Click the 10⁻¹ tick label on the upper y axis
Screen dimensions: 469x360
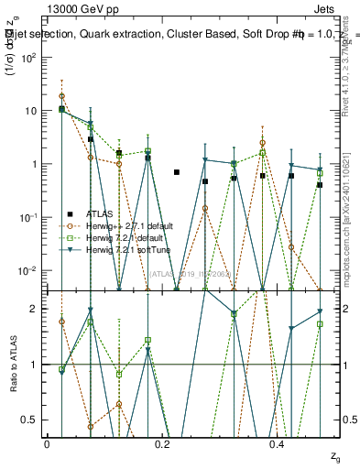[32, 217]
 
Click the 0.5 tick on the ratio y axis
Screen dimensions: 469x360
[35, 420]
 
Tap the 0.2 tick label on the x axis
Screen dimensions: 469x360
[161, 443]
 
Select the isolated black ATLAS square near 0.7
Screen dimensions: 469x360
[177, 172]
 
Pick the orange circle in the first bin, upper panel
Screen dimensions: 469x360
[61, 95]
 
